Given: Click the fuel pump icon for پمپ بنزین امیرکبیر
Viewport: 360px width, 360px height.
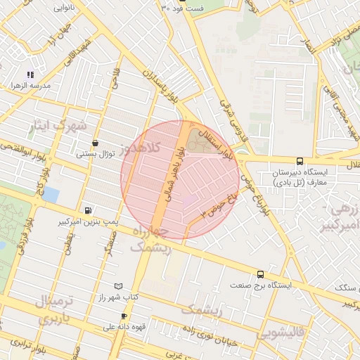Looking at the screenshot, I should (x=87, y=210).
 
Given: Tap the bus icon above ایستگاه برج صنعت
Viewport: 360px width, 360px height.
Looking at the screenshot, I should (x=260, y=274).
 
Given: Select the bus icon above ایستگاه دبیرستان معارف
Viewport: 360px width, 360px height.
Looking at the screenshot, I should (x=300, y=161).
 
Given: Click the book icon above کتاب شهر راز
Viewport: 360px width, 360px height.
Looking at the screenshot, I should (x=118, y=286).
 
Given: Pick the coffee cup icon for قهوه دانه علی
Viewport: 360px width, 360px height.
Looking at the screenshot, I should (x=124, y=316).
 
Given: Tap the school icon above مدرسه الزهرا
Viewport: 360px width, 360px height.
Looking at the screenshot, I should (x=30, y=74).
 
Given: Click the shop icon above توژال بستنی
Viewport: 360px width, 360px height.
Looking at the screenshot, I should (x=95, y=143).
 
